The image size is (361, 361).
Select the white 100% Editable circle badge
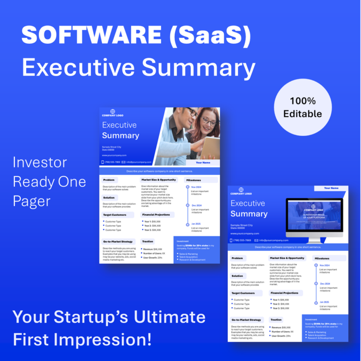[303, 107]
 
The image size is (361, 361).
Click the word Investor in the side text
[40, 162]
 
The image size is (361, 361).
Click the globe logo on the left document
[113, 111]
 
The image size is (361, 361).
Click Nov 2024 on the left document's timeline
[196, 187]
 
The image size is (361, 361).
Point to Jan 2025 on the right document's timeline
[325, 302]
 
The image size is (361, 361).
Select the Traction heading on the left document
[148, 241]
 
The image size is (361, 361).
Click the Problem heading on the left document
[109, 180]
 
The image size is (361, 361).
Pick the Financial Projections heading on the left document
[156, 215]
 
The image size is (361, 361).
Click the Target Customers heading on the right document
[244, 293]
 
